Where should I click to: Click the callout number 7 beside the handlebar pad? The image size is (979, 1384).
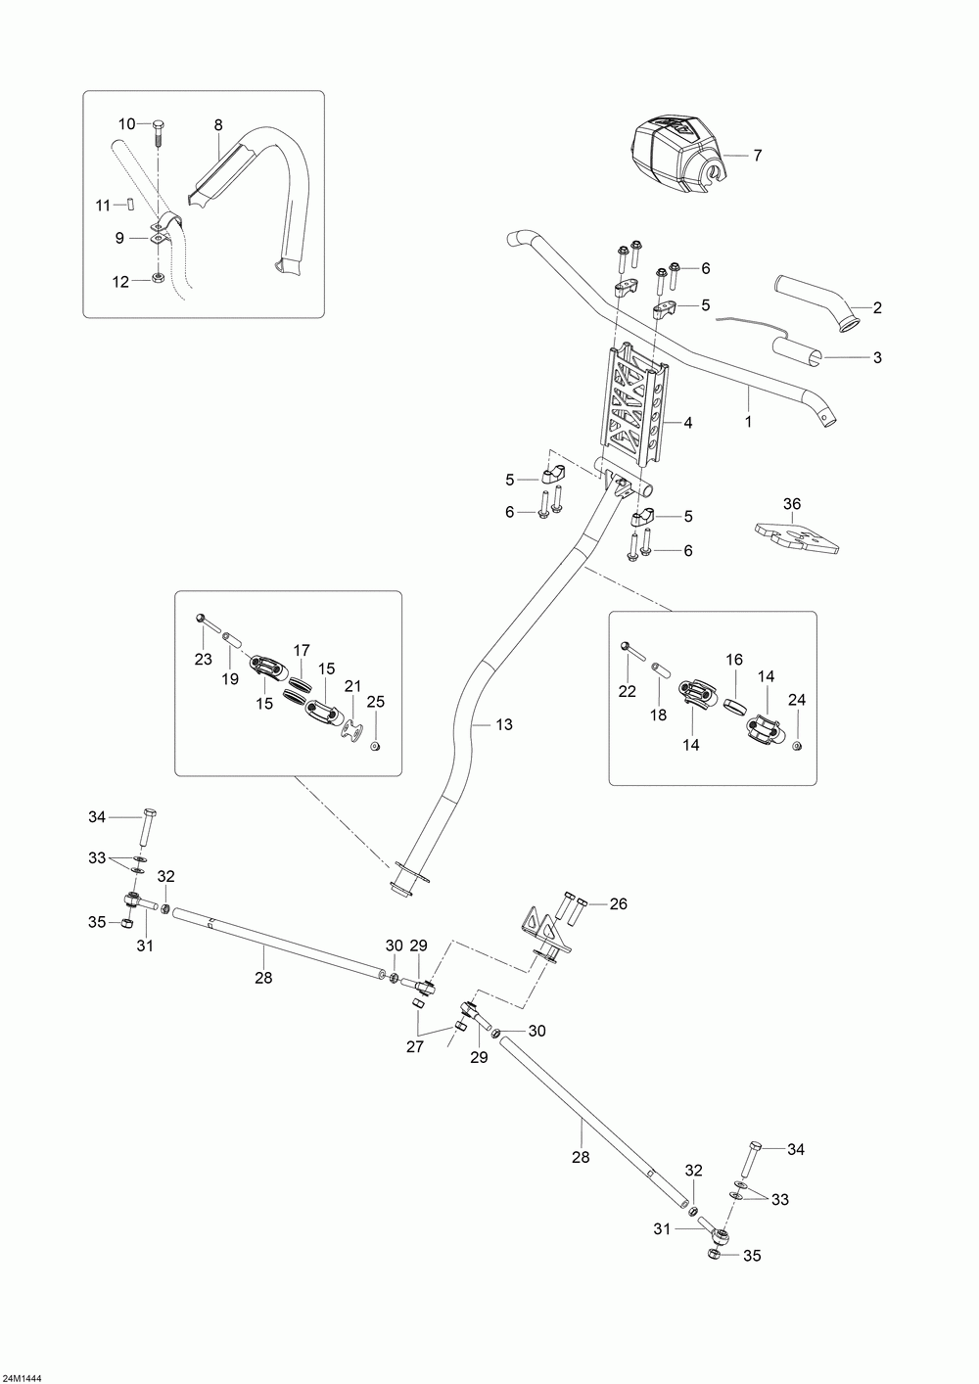pyautogui.click(x=756, y=156)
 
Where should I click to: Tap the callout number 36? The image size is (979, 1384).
pyautogui.click(x=792, y=504)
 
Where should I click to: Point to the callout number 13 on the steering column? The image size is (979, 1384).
pyautogui.click(x=504, y=724)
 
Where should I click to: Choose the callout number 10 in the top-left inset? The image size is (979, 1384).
pyautogui.click(x=127, y=123)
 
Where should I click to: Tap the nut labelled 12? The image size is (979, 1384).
pyautogui.click(x=159, y=281)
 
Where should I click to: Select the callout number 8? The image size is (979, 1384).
pyautogui.click(x=218, y=124)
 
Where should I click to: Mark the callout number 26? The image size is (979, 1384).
pyautogui.click(x=618, y=904)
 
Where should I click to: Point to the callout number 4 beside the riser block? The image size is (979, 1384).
pyautogui.click(x=688, y=423)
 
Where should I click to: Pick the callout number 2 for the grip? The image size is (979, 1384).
pyautogui.click(x=877, y=308)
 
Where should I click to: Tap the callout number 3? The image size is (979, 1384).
pyautogui.click(x=877, y=357)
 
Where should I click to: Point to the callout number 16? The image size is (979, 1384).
pyautogui.click(x=734, y=662)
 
